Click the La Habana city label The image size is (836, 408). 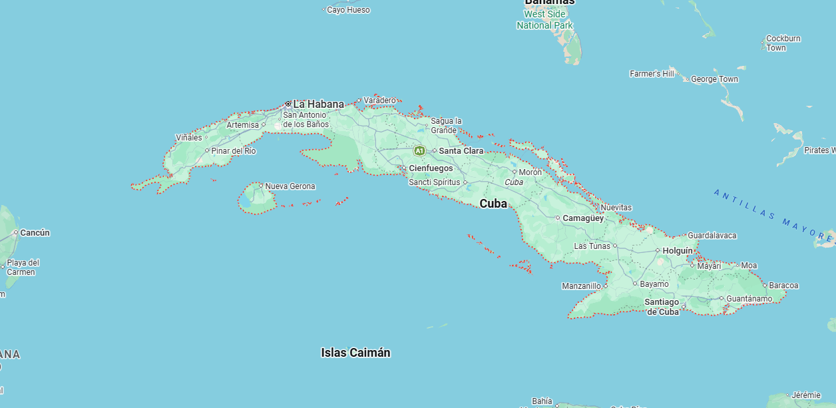(318, 104)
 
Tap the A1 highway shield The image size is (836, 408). (419, 151)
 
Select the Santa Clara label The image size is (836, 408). (461, 151)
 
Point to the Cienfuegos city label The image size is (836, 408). (431, 168)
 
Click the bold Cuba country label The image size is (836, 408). (493, 204)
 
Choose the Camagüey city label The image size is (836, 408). (583, 218)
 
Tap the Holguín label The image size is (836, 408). (678, 251)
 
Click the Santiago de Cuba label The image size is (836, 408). (662, 307)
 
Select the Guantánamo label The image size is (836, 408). (749, 299)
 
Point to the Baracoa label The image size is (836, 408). (783, 286)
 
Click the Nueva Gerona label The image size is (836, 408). (290, 186)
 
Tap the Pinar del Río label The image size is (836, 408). (234, 151)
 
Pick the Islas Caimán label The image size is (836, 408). (355, 353)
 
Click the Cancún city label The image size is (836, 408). (35, 233)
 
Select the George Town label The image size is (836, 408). (714, 79)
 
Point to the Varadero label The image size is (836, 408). (379, 101)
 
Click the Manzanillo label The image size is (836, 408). (581, 286)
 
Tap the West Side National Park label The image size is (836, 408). (544, 20)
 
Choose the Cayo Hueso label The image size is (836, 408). (348, 10)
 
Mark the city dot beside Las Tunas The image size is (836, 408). (615, 246)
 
